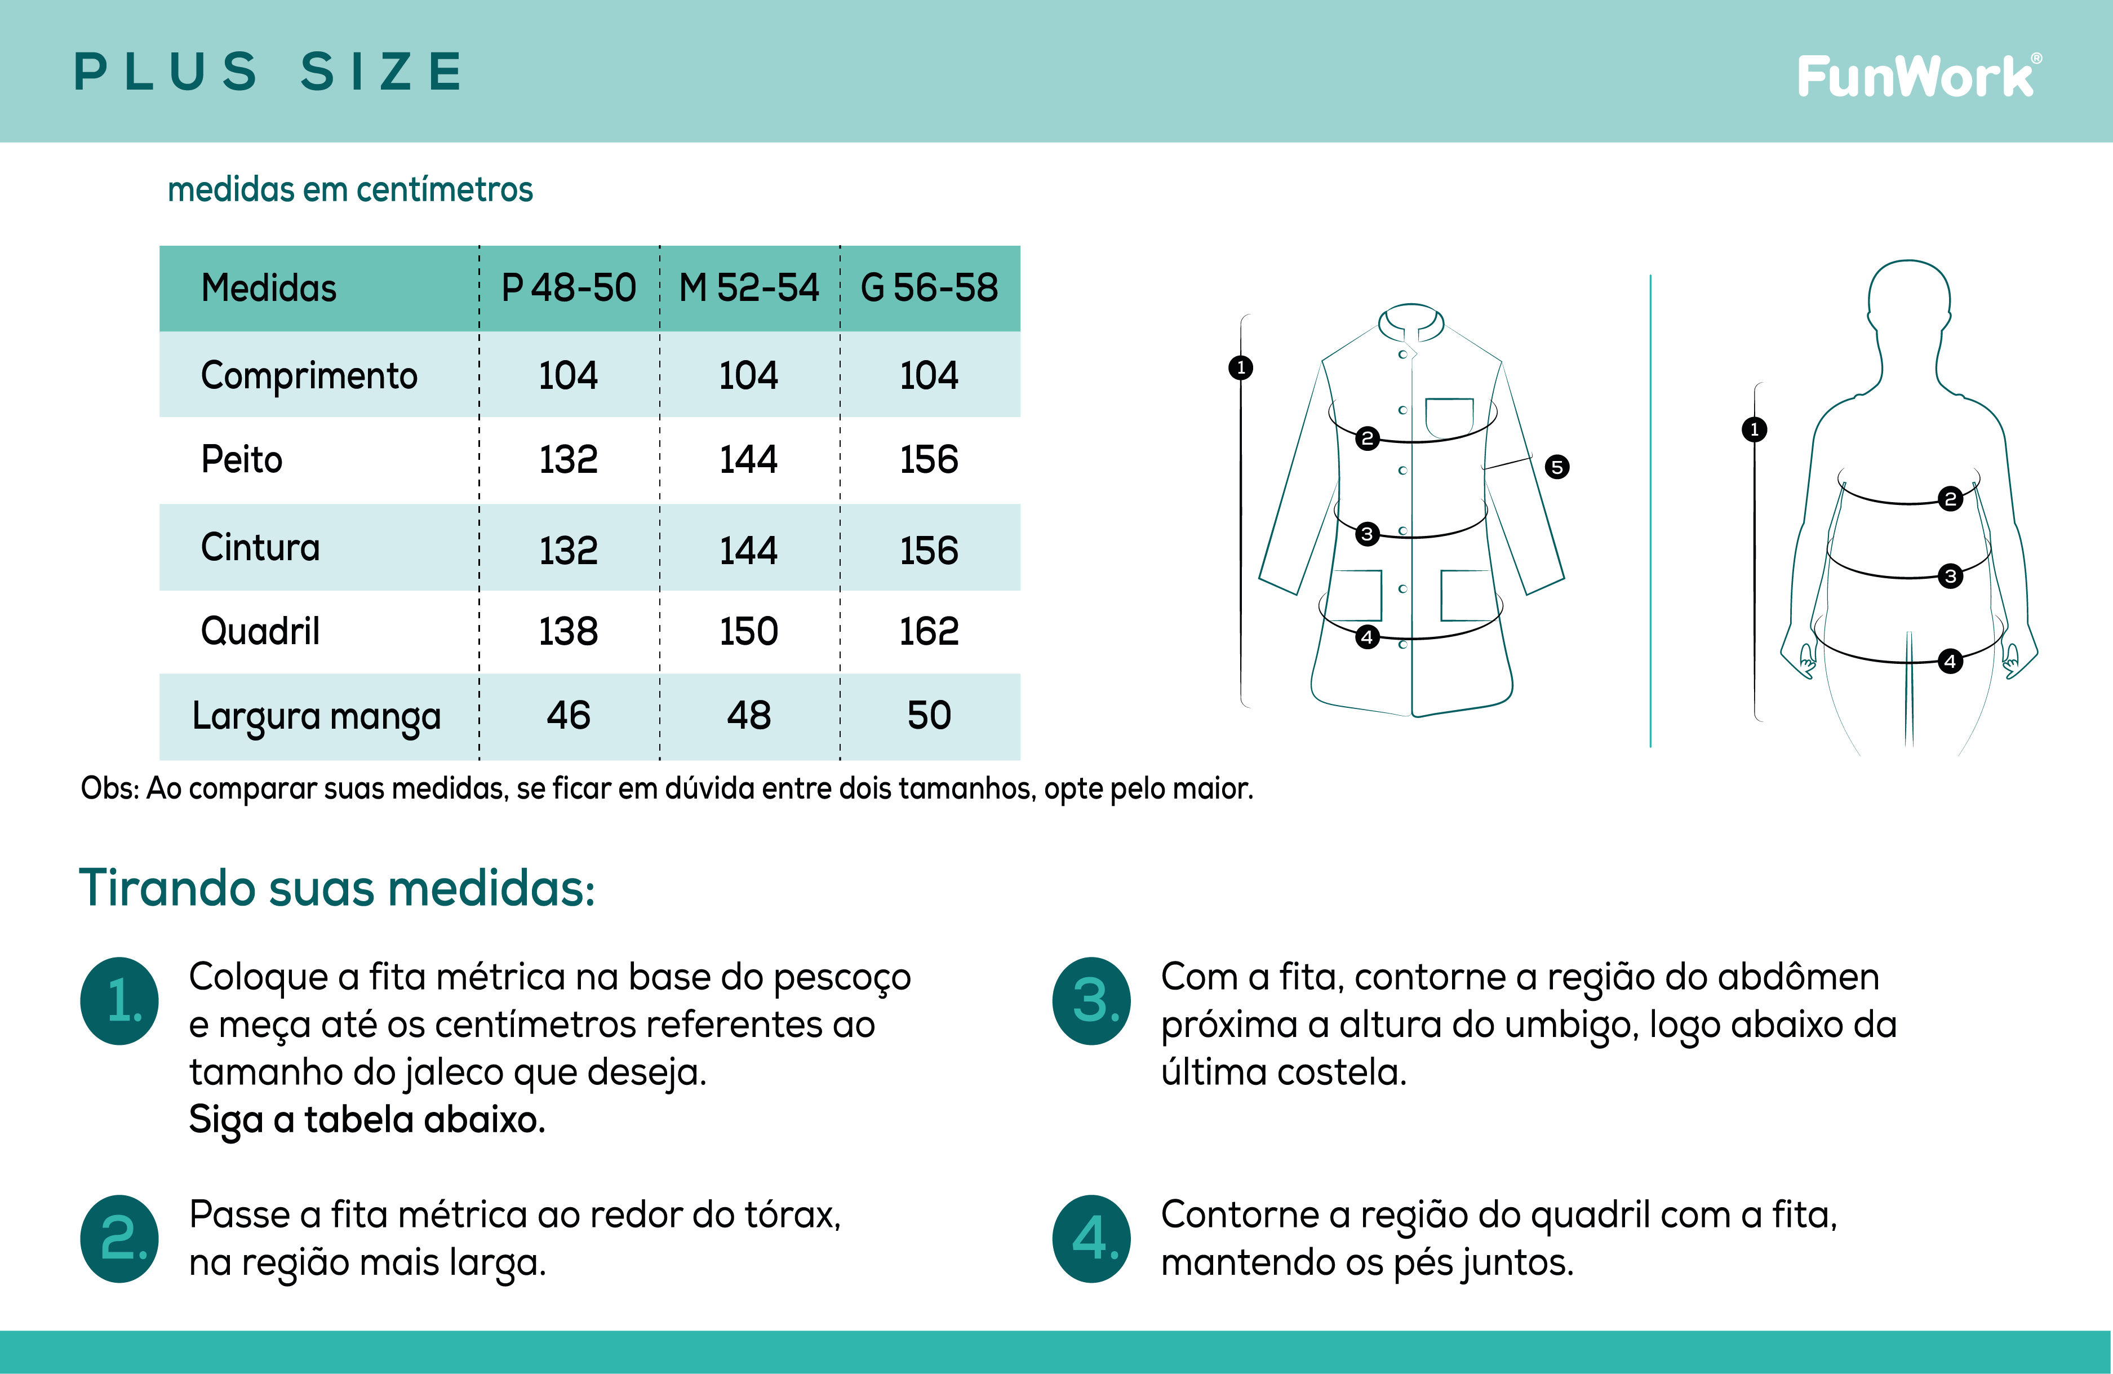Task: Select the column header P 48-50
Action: tap(568, 288)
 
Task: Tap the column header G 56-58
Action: tap(930, 288)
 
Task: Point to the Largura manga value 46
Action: tap(568, 715)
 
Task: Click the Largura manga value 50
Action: tap(930, 715)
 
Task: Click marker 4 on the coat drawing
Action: tap(1367, 637)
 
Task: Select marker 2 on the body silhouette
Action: tap(1951, 498)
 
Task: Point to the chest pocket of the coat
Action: tap(1450, 416)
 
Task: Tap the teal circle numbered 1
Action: tap(120, 1001)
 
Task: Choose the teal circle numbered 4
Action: tap(1092, 1238)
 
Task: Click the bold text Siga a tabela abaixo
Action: tap(367, 1120)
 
